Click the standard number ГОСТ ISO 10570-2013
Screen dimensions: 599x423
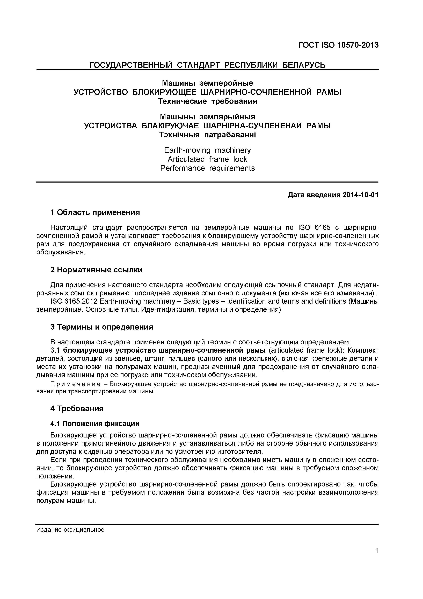point(338,45)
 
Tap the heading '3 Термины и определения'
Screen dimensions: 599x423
point(102,327)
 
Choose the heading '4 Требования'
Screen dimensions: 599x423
point(77,408)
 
